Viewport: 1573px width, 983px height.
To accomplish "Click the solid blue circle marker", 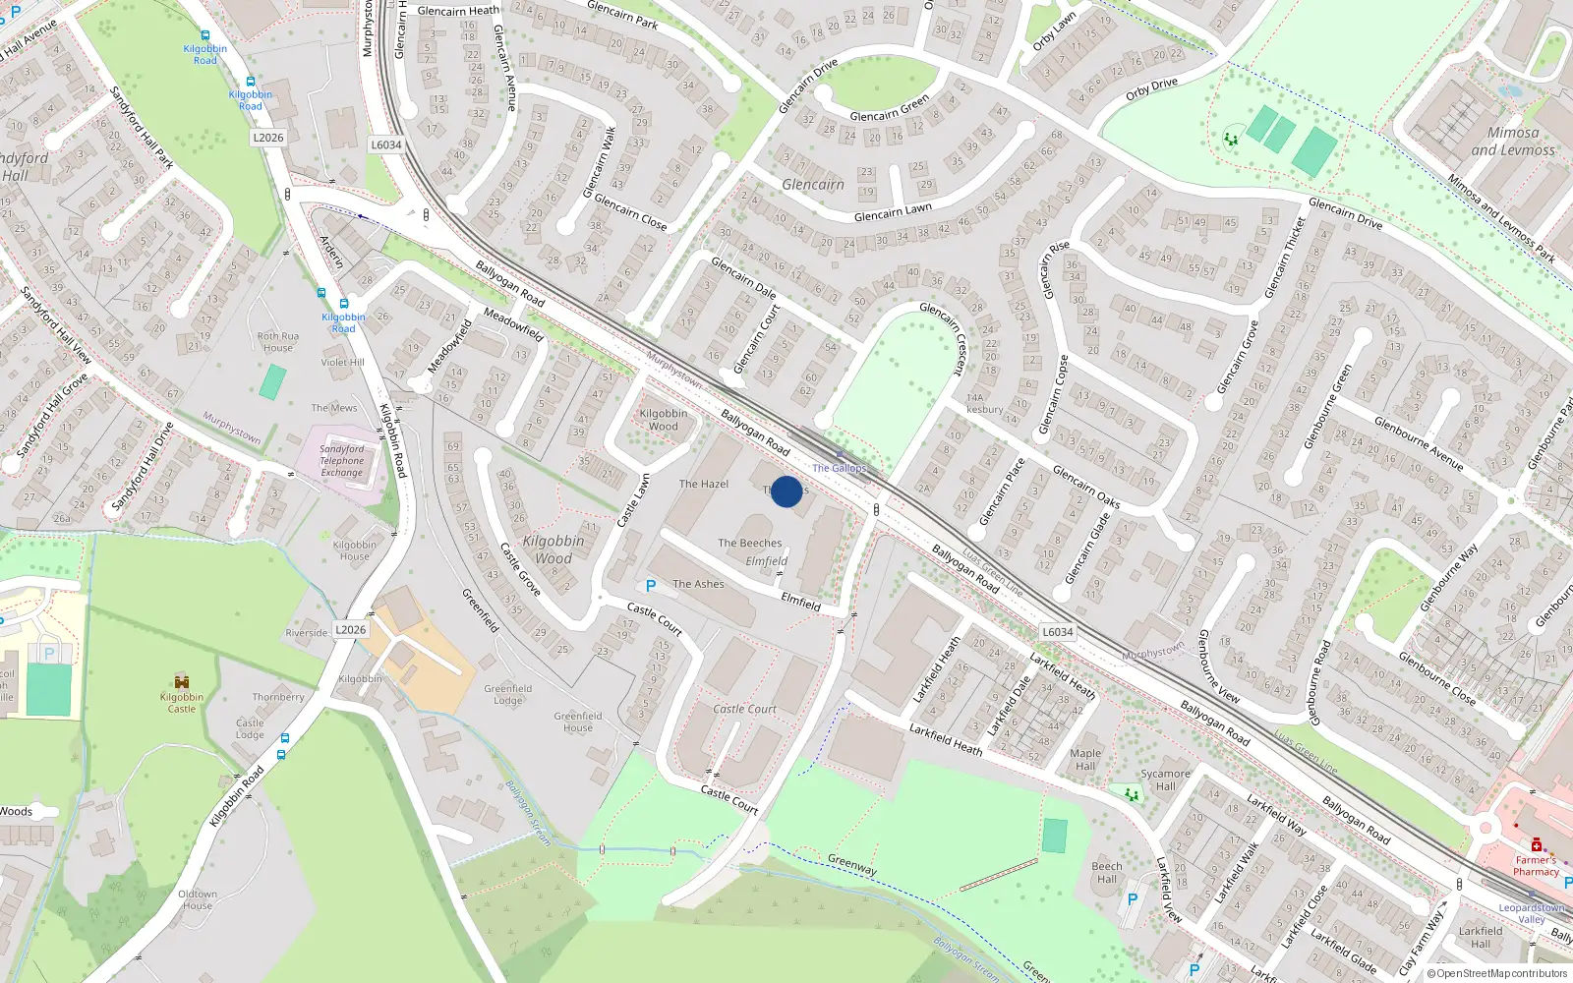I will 786,491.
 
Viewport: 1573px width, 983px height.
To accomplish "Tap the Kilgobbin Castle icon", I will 182,681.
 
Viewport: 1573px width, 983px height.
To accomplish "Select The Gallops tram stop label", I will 839,468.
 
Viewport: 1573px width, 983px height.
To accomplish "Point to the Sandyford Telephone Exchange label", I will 341,461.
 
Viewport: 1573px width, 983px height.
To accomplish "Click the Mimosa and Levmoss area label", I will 1513,141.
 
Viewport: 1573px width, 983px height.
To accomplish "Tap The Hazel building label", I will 704,484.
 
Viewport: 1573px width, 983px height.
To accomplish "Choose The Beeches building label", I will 750,543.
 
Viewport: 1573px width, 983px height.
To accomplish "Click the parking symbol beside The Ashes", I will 650,586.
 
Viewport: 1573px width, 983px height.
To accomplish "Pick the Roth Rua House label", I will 278,342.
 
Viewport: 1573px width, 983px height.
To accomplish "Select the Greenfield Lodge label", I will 508,694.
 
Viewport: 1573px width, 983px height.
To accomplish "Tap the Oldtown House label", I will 198,899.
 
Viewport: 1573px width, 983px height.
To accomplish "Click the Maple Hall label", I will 1085,760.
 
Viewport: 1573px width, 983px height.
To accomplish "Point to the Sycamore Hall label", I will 1165,780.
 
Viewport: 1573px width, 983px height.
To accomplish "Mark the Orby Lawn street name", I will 1054,30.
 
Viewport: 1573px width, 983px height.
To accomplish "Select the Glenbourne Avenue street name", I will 1418,443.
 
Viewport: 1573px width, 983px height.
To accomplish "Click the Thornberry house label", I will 278,697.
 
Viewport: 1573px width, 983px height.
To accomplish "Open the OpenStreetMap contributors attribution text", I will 1498,973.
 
